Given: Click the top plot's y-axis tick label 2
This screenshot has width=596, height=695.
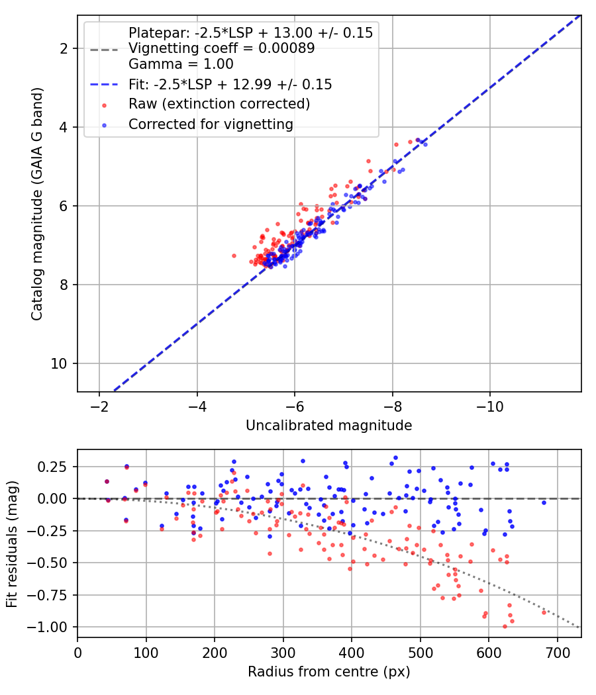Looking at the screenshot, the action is (64, 48).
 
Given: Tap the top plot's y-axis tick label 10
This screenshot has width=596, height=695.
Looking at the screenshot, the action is (59, 364).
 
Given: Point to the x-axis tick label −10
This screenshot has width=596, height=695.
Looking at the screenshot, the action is (489, 406).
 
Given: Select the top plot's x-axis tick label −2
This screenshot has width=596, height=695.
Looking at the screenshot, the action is (99, 406).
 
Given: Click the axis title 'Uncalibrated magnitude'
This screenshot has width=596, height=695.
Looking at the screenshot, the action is (329, 426).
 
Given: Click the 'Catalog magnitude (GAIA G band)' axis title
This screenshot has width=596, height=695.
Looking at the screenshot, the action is (37, 204).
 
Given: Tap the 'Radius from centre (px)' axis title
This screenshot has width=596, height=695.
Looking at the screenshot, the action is (329, 672).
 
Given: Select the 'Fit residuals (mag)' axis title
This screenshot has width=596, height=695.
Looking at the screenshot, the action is (12, 544).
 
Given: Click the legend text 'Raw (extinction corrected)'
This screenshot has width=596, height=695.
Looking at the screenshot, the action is (219, 104).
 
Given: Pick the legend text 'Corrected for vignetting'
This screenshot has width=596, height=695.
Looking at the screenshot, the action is (211, 124).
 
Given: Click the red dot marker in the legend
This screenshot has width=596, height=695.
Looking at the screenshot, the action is (104, 105).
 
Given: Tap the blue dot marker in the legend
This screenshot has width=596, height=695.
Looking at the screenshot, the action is (104, 126).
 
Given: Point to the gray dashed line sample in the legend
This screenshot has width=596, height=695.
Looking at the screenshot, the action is (104, 49).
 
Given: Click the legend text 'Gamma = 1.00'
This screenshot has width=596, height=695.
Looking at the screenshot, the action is (181, 64).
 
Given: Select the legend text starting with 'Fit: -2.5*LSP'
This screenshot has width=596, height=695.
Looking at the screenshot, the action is (230, 84).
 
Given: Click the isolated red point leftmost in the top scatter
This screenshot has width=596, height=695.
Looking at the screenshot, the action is (234, 255).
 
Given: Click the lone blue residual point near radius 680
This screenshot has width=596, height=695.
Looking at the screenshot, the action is (544, 502).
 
